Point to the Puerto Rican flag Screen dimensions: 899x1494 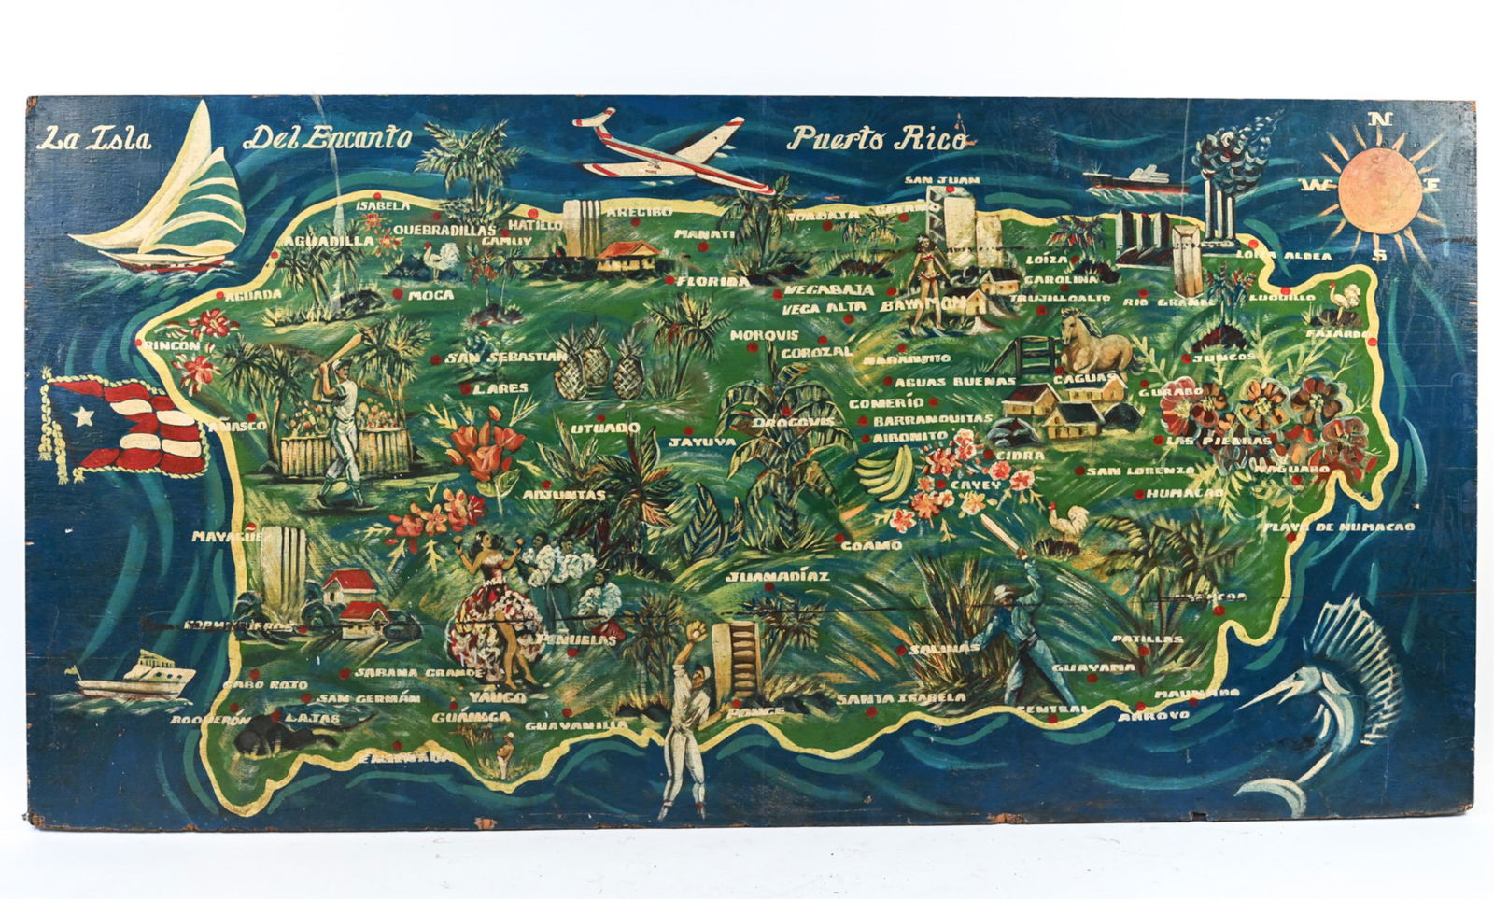pyautogui.click(x=131, y=428)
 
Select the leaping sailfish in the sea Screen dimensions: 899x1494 pyautogui.click(x=1326, y=709)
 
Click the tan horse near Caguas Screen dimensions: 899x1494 pyautogui.click(x=1094, y=344)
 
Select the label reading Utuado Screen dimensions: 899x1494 pyautogui.click(x=605, y=428)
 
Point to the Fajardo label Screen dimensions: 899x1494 pyautogui.click(x=1337, y=333)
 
